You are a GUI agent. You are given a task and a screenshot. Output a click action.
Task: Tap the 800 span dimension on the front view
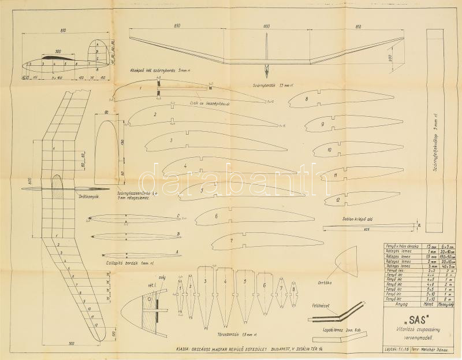click(266, 27)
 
